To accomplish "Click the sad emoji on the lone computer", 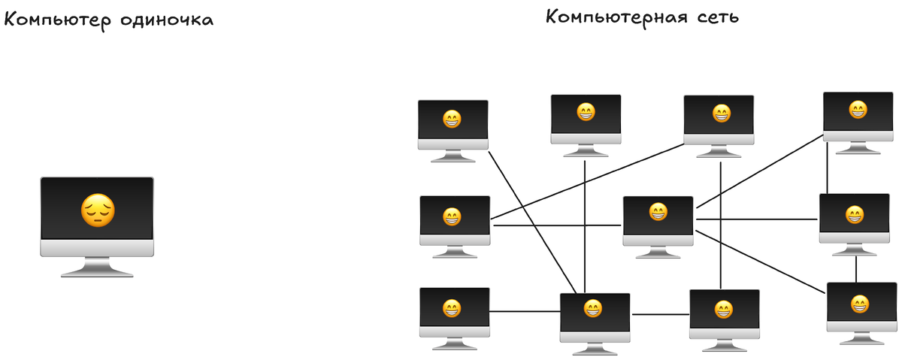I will [x=98, y=211].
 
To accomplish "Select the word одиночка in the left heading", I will [x=167, y=20].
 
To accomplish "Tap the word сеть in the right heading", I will [x=711, y=17].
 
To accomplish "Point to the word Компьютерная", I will [x=611, y=17].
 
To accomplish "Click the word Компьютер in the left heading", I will [x=59, y=20].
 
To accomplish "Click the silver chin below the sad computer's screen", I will [x=96, y=249].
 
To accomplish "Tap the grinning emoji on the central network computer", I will [x=658, y=212].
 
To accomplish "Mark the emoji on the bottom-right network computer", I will [x=860, y=304].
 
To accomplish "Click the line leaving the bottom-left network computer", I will [x=525, y=311].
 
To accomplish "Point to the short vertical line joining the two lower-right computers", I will [x=856, y=269].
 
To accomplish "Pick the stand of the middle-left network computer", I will [x=455, y=253].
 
